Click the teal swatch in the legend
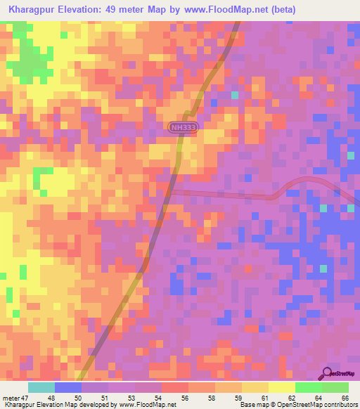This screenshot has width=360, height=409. [41, 387]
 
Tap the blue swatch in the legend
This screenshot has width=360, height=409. [68, 387]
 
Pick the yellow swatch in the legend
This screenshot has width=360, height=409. [281, 387]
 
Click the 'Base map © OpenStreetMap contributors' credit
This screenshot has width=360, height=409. [299, 404]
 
